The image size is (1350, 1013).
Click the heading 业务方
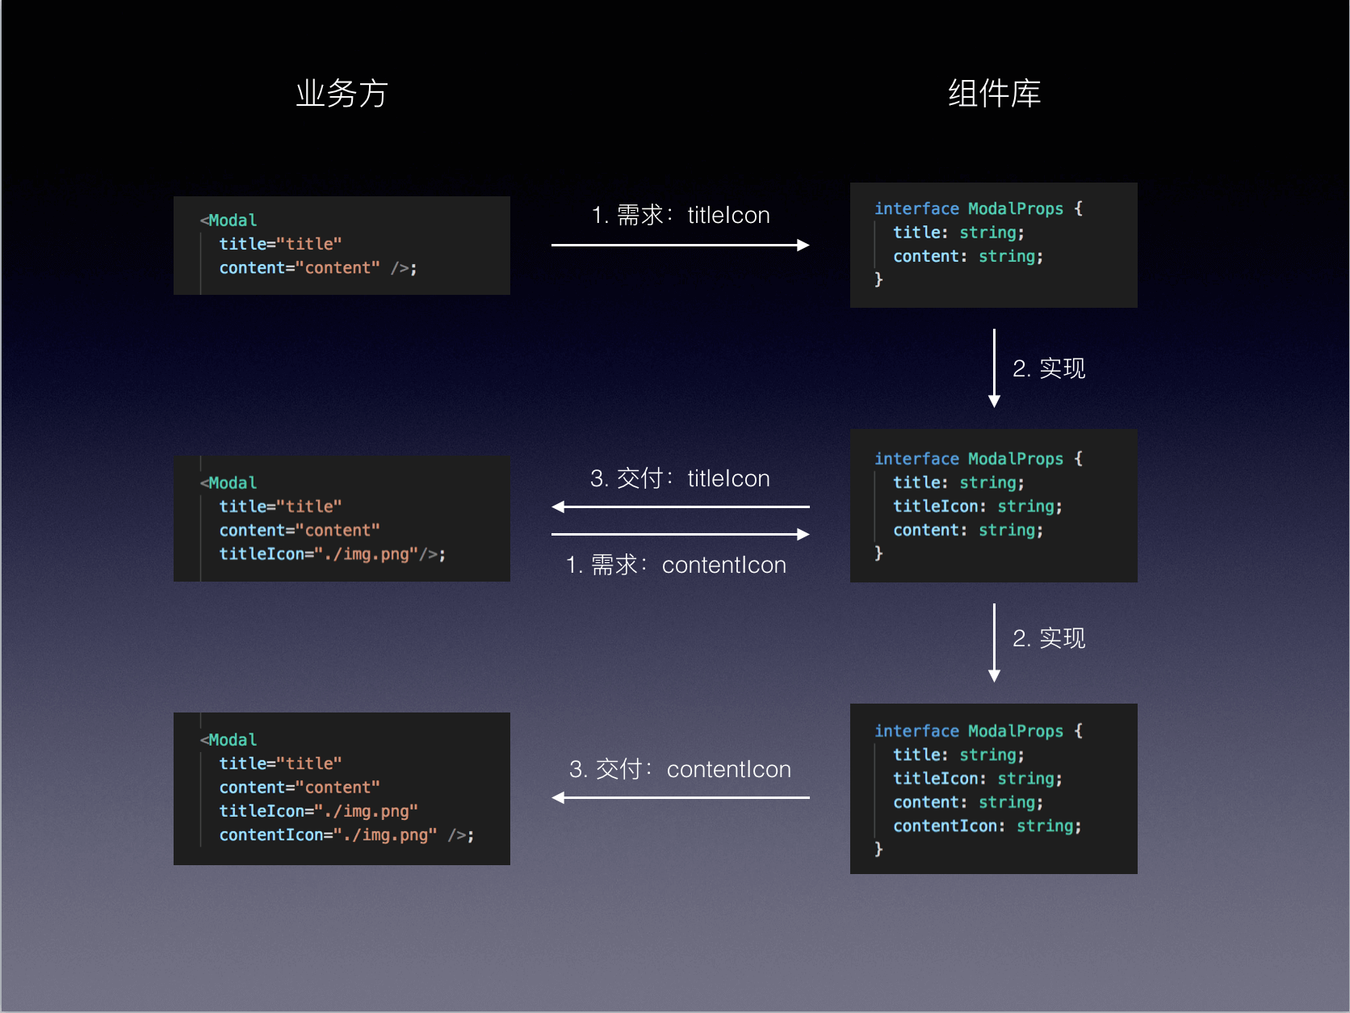[342, 94]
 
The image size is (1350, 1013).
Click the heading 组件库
[994, 94]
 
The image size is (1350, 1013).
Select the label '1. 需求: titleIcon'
[680, 216]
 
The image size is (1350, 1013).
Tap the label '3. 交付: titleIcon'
[680, 478]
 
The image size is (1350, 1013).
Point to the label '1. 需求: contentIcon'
[676, 565]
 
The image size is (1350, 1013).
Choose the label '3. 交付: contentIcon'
[680, 769]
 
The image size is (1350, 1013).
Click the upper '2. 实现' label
[1049, 368]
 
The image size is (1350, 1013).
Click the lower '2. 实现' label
[1049, 638]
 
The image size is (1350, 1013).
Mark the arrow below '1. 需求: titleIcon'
[680, 245]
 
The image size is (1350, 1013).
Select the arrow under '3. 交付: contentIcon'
[680, 797]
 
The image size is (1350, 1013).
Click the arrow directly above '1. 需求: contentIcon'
[680, 534]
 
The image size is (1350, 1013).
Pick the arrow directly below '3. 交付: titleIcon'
[680, 507]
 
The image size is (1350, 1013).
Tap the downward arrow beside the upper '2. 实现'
[994, 368]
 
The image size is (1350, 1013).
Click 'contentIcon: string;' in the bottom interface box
[987, 826]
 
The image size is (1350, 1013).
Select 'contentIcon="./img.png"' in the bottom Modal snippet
[328, 834]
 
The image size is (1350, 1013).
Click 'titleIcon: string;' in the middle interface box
[977, 506]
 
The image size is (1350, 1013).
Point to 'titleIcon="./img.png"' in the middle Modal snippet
[319, 554]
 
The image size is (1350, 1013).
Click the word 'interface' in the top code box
[916, 208]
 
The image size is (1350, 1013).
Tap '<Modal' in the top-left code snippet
[229, 220]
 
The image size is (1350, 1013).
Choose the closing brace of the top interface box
[878, 280]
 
